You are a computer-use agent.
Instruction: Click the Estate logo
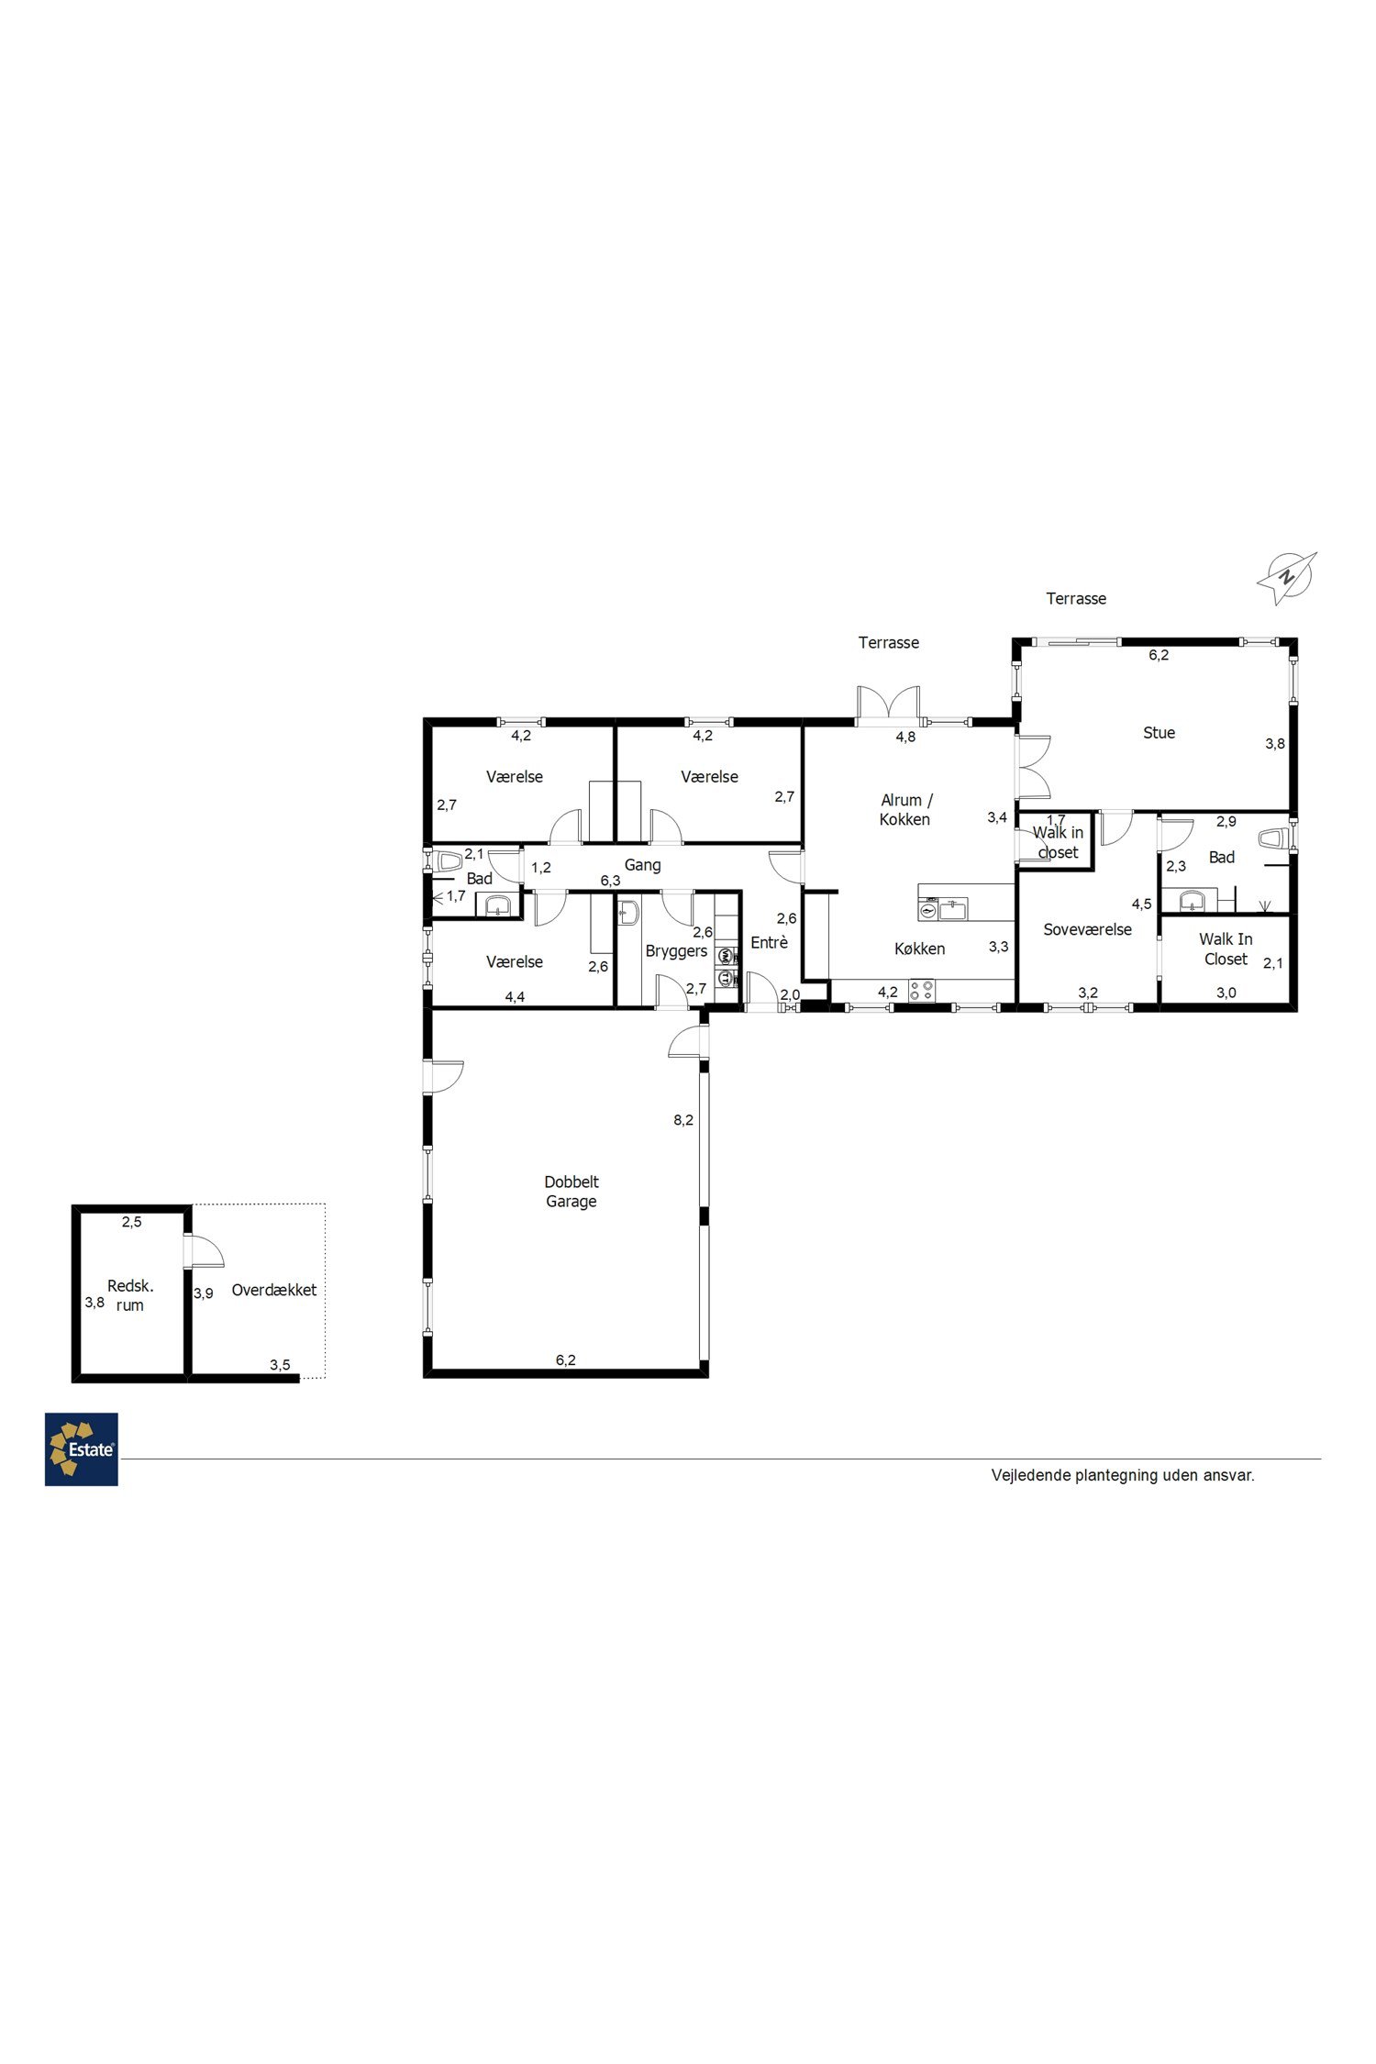[82, 1448]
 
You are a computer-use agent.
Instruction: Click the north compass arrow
[1287, 577]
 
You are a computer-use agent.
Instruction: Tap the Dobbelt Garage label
[571, 1192]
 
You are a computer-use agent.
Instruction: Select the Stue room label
[1159, 732]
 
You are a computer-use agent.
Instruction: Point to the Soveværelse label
[1087, 929]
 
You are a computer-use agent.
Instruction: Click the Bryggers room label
[676, 951]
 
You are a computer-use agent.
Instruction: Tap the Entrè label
[769, 942]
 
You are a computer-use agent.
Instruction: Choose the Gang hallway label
[642, 865]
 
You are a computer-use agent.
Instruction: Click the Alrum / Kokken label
[905, 810]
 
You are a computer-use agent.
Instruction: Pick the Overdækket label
[273, 1290]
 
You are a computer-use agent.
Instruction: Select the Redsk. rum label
[130, 1295]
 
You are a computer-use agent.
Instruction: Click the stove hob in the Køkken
[922, 991]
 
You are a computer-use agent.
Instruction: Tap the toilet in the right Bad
[1271, 838]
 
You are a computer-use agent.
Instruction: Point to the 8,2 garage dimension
[683, 1120]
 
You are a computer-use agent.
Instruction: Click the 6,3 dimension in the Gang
[610, 881]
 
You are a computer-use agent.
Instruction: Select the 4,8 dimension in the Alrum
[905, 737]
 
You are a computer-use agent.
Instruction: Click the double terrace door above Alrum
[888, 705]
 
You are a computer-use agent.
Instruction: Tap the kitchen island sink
[952, 910]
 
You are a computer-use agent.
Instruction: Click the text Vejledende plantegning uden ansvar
[1123, 1475]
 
